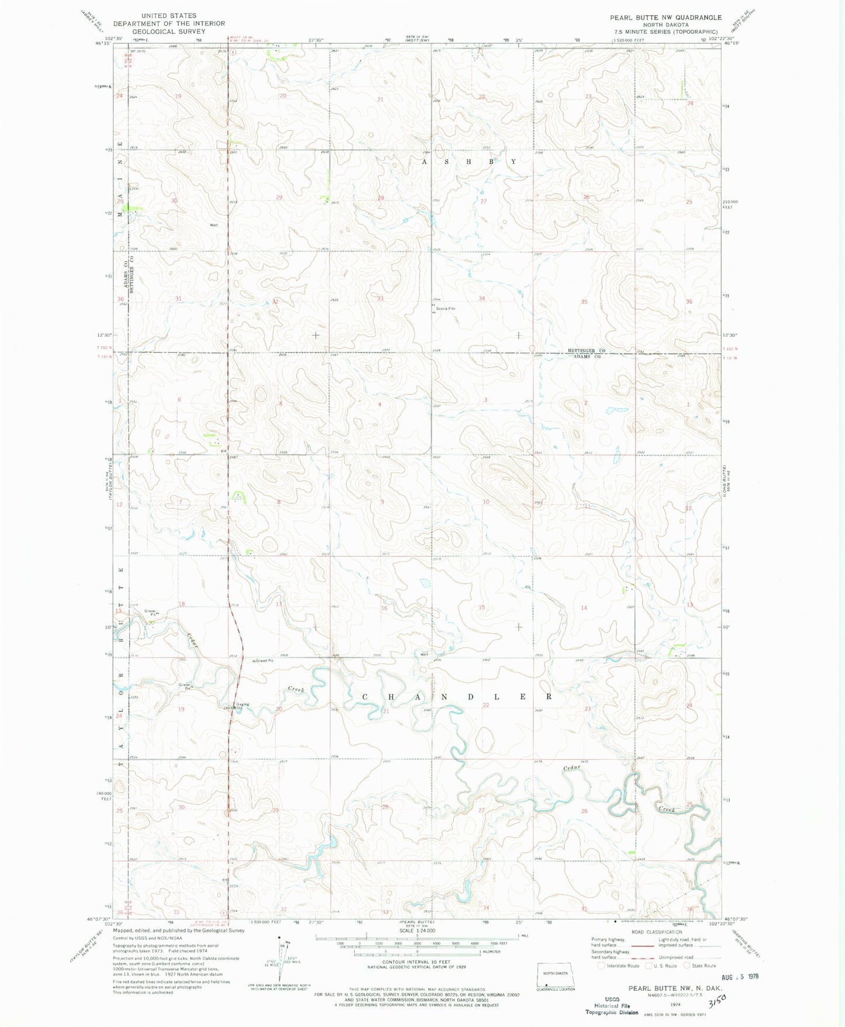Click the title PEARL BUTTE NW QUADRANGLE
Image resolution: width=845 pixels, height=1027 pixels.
coord(665,18)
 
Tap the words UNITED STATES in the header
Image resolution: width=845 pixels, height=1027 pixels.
coord(169,16)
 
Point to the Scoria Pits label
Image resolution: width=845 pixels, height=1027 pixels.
coord(444,309)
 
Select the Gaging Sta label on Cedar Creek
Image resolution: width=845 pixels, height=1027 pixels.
coord(242,705)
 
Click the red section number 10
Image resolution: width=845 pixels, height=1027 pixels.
coord(486,502)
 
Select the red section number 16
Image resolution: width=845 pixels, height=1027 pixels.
coord(384,608)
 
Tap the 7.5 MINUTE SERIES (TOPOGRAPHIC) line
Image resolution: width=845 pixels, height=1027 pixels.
coord(665,32)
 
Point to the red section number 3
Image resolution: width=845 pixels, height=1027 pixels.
coord(485,400)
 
